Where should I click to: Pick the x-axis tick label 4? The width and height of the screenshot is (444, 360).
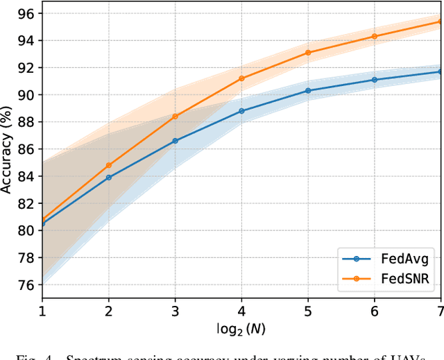pos(241,309)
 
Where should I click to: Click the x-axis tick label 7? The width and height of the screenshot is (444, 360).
pos(440,309)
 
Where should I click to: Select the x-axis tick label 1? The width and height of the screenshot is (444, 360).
pos(42,309)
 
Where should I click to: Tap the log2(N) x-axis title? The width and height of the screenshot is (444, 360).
pos(241,327)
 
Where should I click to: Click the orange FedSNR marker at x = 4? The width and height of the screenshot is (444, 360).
pos(241,78)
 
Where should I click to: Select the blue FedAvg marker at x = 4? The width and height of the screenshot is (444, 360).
pos(241,111)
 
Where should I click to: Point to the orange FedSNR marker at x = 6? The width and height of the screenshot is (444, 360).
pos(375,36)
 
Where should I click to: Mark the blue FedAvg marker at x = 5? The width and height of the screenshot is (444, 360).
pos(308,91)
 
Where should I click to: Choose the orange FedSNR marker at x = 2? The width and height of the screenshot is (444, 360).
pos(109,165)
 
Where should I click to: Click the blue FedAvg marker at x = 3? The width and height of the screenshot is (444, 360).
pos(175,141)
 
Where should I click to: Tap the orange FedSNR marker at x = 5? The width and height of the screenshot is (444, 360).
pos(308,53)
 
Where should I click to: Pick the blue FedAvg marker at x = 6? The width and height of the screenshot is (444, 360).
pos(375,80)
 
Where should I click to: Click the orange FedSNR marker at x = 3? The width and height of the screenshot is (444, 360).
pos(175,117)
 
